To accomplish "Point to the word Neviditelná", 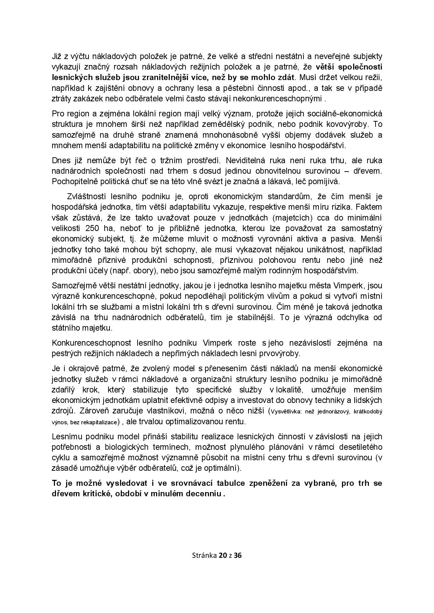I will tap(247, 160).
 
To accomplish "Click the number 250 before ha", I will tap(91, 228).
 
